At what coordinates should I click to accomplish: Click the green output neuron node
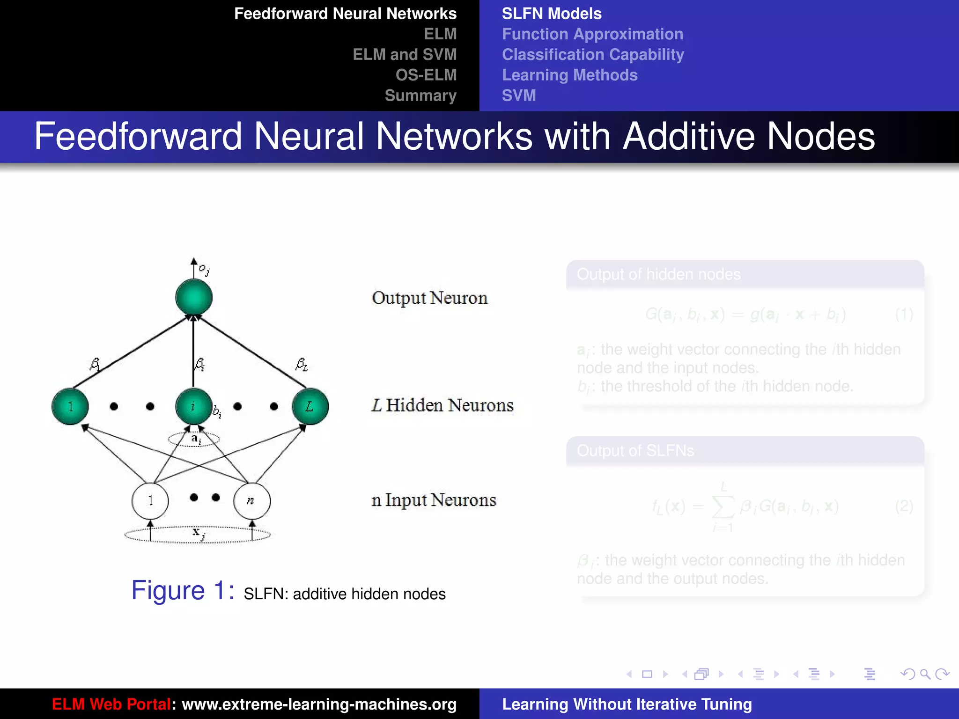[194, 297]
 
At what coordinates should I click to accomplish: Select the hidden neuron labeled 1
[70, 406]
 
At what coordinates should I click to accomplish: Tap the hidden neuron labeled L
[310, 406]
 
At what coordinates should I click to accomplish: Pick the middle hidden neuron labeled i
[193, 406]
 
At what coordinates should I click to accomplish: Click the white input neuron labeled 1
[150, 501]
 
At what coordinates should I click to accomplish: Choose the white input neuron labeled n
[252, 501]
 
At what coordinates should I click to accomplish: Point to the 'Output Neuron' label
[429, 298]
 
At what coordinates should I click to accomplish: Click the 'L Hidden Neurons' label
[443, 405]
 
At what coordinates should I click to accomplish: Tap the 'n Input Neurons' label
[434, 500]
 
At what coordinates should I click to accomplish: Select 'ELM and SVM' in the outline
[405, 54]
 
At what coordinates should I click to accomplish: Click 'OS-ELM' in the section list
[426, 75]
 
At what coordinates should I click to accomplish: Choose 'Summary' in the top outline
[420, 95]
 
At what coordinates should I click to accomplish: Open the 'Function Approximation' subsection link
[592, 34]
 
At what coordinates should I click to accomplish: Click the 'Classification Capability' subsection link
[593, 54]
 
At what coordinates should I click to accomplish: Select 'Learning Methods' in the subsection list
[569, 75]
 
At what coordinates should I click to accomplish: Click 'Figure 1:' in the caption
[183, 591]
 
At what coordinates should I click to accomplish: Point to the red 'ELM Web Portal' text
[111, 704]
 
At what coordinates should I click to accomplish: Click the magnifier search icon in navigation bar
[925, 674]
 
